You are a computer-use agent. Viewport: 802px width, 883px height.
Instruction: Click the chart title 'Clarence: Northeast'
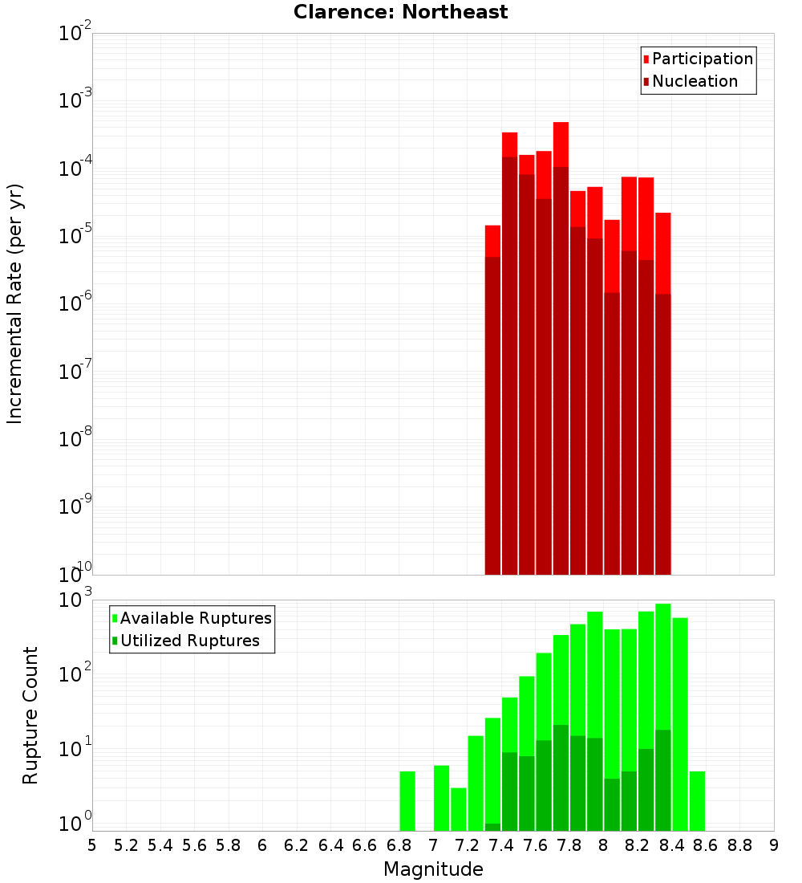(400, 12)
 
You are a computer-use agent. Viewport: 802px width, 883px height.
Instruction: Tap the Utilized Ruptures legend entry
(189, 641)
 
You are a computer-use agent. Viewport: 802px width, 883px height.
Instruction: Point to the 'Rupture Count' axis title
(30, 715)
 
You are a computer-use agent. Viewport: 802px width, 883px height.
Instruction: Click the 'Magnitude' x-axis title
(433, 869)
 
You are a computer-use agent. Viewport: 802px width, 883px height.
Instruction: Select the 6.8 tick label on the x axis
(399, 845)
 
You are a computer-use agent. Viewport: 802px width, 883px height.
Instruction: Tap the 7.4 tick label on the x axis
(501, 845)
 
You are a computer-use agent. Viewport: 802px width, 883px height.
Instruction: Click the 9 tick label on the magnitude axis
(773, 845)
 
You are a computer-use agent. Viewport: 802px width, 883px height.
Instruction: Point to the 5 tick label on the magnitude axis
(92, 845)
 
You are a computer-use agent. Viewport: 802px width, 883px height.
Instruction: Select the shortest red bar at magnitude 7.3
(492, 241)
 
